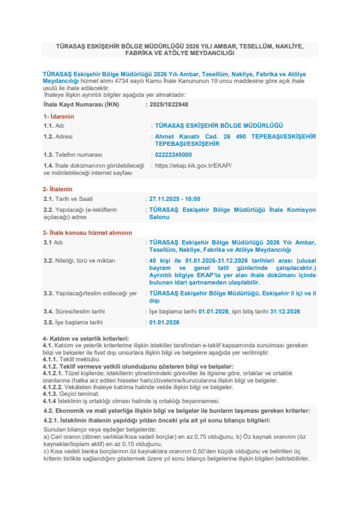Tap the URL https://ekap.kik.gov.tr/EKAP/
tap(194, 165)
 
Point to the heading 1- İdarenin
tap(59, 116)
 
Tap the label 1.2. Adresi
tap(60, 137)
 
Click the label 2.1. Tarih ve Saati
tap(68, 199)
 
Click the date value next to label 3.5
tap(165, 323)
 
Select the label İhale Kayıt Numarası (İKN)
tap(81, 104)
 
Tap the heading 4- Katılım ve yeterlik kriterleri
tap(86, 338)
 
